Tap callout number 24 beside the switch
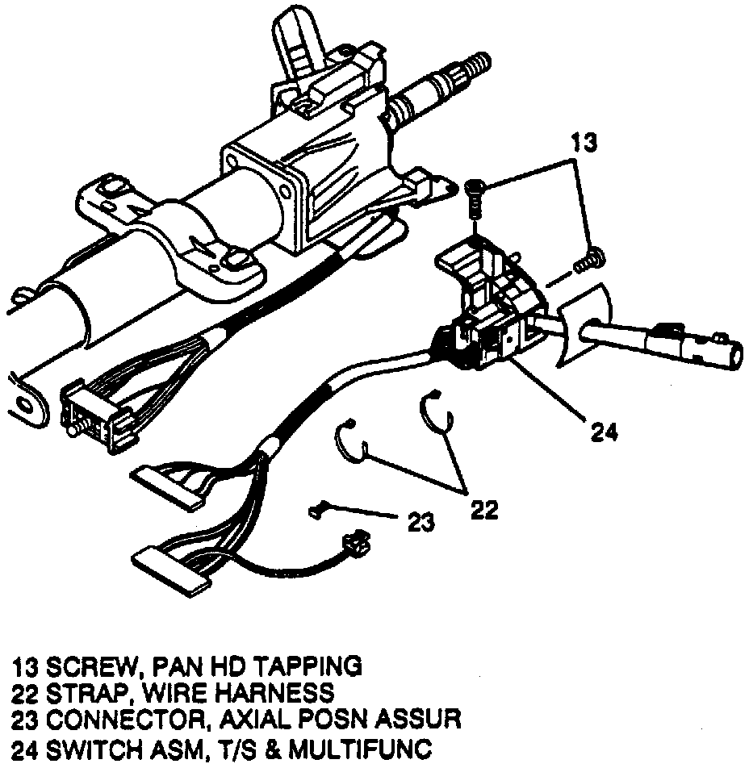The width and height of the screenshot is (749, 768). click(602, 432)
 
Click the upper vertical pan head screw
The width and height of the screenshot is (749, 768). click(475, 194)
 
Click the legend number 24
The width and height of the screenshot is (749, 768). click(25, 744)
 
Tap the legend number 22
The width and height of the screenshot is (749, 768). click(25, 692)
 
